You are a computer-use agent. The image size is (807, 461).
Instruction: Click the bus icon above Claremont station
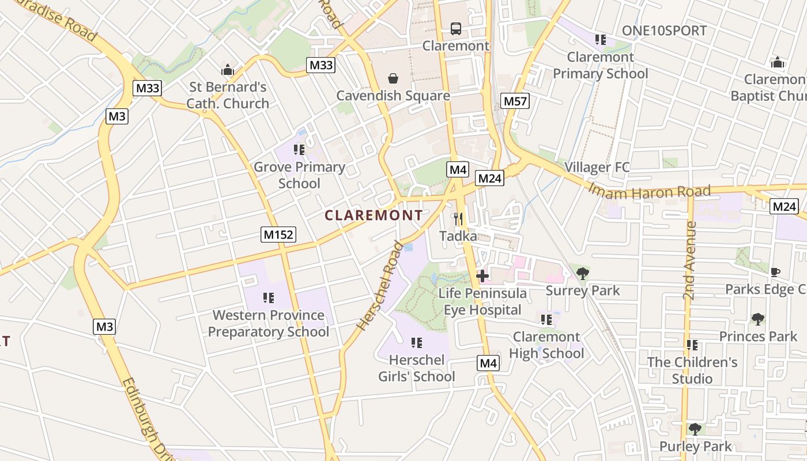coord(455,28)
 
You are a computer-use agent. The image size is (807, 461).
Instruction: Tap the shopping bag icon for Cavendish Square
coord(393,78)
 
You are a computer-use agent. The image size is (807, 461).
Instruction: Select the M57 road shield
coord(515,101)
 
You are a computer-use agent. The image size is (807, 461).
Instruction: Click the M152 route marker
coord(278,235)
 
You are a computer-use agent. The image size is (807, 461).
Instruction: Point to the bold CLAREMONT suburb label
coord(374,216)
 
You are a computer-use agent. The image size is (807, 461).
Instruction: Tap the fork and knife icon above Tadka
coord(458,219)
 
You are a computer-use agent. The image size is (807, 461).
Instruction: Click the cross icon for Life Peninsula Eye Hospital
coord(482,277)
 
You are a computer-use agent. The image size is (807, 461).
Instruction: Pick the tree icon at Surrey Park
coord(583,274)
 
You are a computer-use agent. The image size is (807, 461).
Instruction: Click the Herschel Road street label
coord(380,286)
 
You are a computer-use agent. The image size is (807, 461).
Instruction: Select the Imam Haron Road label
coord(649,191)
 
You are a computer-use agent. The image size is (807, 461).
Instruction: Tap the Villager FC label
coord(597,167)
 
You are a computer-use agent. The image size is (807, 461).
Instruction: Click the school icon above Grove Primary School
coord(299,150)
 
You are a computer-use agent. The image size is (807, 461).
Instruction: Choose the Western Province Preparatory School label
coord(269,323)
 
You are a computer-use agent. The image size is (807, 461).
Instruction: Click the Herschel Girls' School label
coord(416,368)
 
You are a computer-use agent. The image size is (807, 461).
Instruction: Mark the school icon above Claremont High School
coord(546,319)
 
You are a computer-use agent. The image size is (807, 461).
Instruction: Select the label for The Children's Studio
coord(692,371)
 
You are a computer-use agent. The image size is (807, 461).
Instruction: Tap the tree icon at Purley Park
coord(695,429)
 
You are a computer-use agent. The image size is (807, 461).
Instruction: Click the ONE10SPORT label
coord(664,31)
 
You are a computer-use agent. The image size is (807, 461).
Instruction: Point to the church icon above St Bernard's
coord(228,70)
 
